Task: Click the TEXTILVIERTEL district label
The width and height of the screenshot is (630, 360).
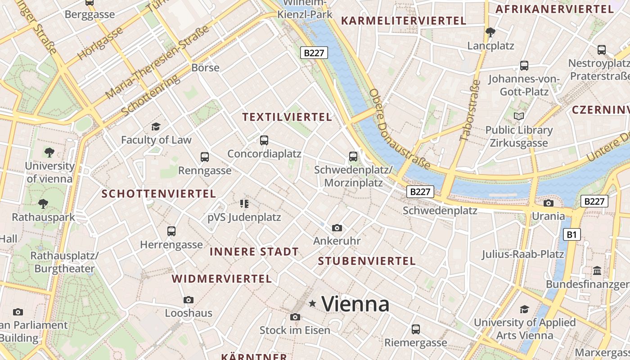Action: click(x=287, y=117)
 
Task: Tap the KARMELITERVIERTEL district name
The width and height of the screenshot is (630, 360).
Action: click(x=403, y=21)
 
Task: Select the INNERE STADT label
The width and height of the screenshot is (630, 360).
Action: click(x=254, y=252)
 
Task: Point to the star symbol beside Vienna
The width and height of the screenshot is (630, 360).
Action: click(x=312, y=304)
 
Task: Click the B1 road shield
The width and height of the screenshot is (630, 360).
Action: click(x=571, y=234)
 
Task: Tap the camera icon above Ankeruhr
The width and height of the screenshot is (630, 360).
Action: click(x=337, y=228)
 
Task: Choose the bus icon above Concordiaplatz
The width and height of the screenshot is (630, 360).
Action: click(x=264, y=140)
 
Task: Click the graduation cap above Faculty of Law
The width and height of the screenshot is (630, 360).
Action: click(x=156, y=127)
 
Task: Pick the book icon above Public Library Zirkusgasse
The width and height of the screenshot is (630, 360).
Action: click(x=519, y=117)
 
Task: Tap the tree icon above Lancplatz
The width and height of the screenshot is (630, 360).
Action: click(x=490, y=32)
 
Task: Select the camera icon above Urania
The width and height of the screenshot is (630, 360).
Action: click(x=548, y=203)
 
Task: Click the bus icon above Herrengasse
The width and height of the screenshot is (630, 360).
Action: click(x=171, y=231)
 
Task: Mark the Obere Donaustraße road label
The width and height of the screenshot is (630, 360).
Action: click(x=399, y=129)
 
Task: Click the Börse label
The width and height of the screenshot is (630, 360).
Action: click(x=205, y=68)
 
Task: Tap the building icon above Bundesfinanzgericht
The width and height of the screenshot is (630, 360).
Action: click(x=597, y=271)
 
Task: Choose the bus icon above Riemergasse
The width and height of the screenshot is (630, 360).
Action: click(x=416, y=329)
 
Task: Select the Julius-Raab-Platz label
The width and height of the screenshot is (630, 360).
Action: click(x=522, y=254)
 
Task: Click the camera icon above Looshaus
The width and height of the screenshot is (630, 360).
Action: click(x=189, y=300)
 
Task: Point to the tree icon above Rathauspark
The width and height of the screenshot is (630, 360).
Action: click(x=43, y=204)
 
